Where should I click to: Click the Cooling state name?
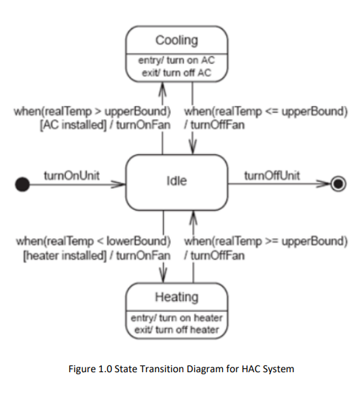click(177, 40)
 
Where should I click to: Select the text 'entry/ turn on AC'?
click(177, 60)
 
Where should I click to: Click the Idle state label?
click(176, 181)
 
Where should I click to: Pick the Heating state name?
click(177, 297)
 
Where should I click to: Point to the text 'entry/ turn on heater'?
click(177, 318)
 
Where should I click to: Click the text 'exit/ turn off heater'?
click(177, 329)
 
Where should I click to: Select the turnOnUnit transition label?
click(71, 175)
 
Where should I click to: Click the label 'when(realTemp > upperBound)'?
click(92, 111)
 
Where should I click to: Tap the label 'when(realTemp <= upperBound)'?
click(266, 111)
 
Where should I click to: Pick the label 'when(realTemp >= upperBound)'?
click(266, 240)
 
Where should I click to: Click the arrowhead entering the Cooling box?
click(162, 85)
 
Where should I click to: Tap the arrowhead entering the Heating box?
click(162, 274)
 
